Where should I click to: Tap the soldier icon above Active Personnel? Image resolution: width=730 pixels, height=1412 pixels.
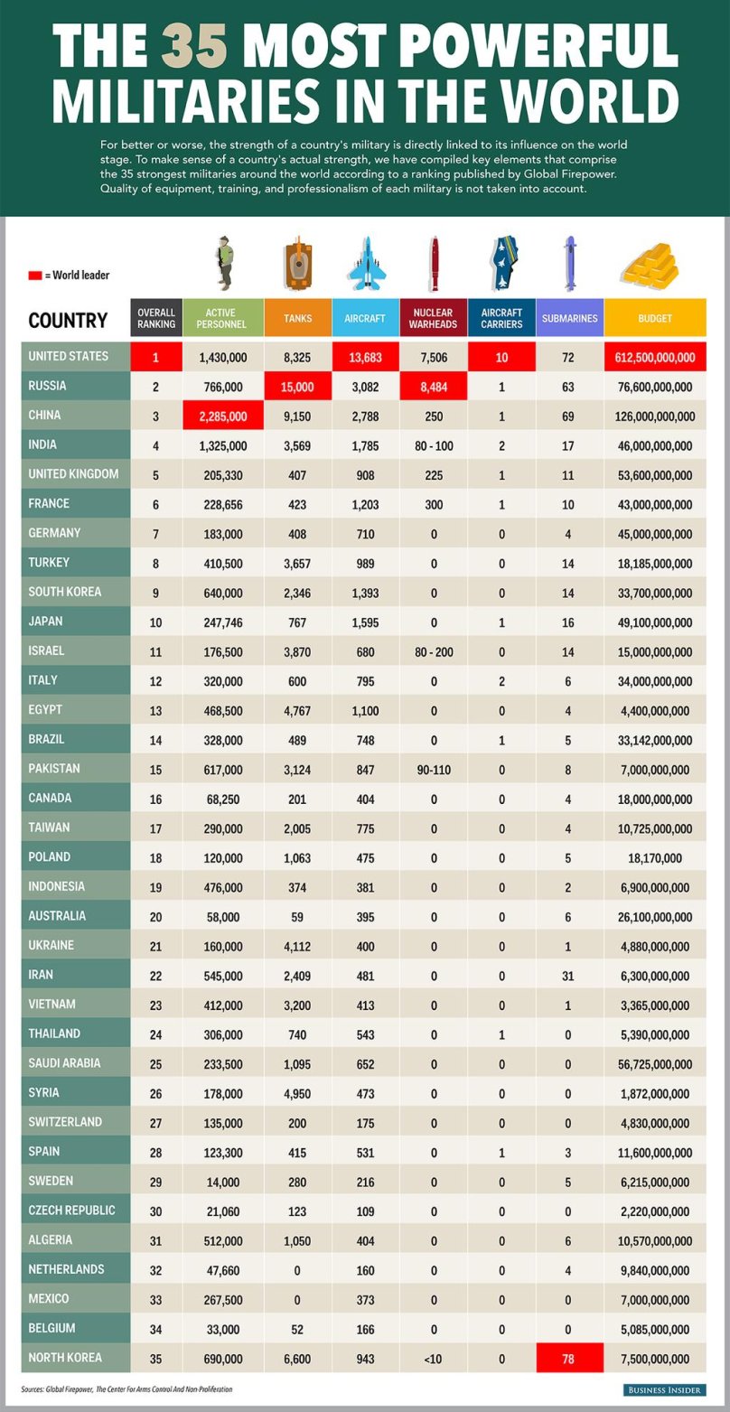[x=224, y=263]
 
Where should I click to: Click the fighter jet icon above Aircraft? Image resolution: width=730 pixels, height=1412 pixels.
[x=365, y=263]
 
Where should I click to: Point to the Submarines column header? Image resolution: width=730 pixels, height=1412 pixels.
[x=569, y=318]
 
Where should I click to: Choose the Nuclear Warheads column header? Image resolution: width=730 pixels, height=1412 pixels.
[x=433, y=318]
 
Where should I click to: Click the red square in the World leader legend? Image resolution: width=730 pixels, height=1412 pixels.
[x=34, y=275]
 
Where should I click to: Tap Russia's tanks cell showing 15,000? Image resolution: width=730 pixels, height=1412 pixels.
[x=297, y=387]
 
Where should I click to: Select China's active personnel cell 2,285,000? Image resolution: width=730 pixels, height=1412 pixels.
[x=223, y=416]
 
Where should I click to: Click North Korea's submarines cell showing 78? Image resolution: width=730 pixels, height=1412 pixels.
[x=568, y=1359]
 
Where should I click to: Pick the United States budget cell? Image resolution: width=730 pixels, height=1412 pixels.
[x=655, y=358]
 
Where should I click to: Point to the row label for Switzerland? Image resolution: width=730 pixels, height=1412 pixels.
[x=65, y=1122]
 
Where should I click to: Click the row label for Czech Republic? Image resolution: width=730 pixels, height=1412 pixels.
[x=71, y=1211]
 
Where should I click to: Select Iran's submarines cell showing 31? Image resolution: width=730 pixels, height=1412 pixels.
[x=568, y=976]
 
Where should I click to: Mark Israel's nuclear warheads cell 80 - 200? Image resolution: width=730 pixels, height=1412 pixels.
[x=433, y=651]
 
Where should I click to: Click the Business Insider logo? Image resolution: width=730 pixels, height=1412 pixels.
[x=665, y=1389]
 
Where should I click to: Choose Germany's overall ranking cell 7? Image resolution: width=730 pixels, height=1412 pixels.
[x=155, y=534]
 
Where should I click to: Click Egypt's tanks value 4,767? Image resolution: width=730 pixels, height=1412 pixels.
[x=297, y=711]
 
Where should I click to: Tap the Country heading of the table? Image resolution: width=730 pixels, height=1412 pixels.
[x=68, y=320]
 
